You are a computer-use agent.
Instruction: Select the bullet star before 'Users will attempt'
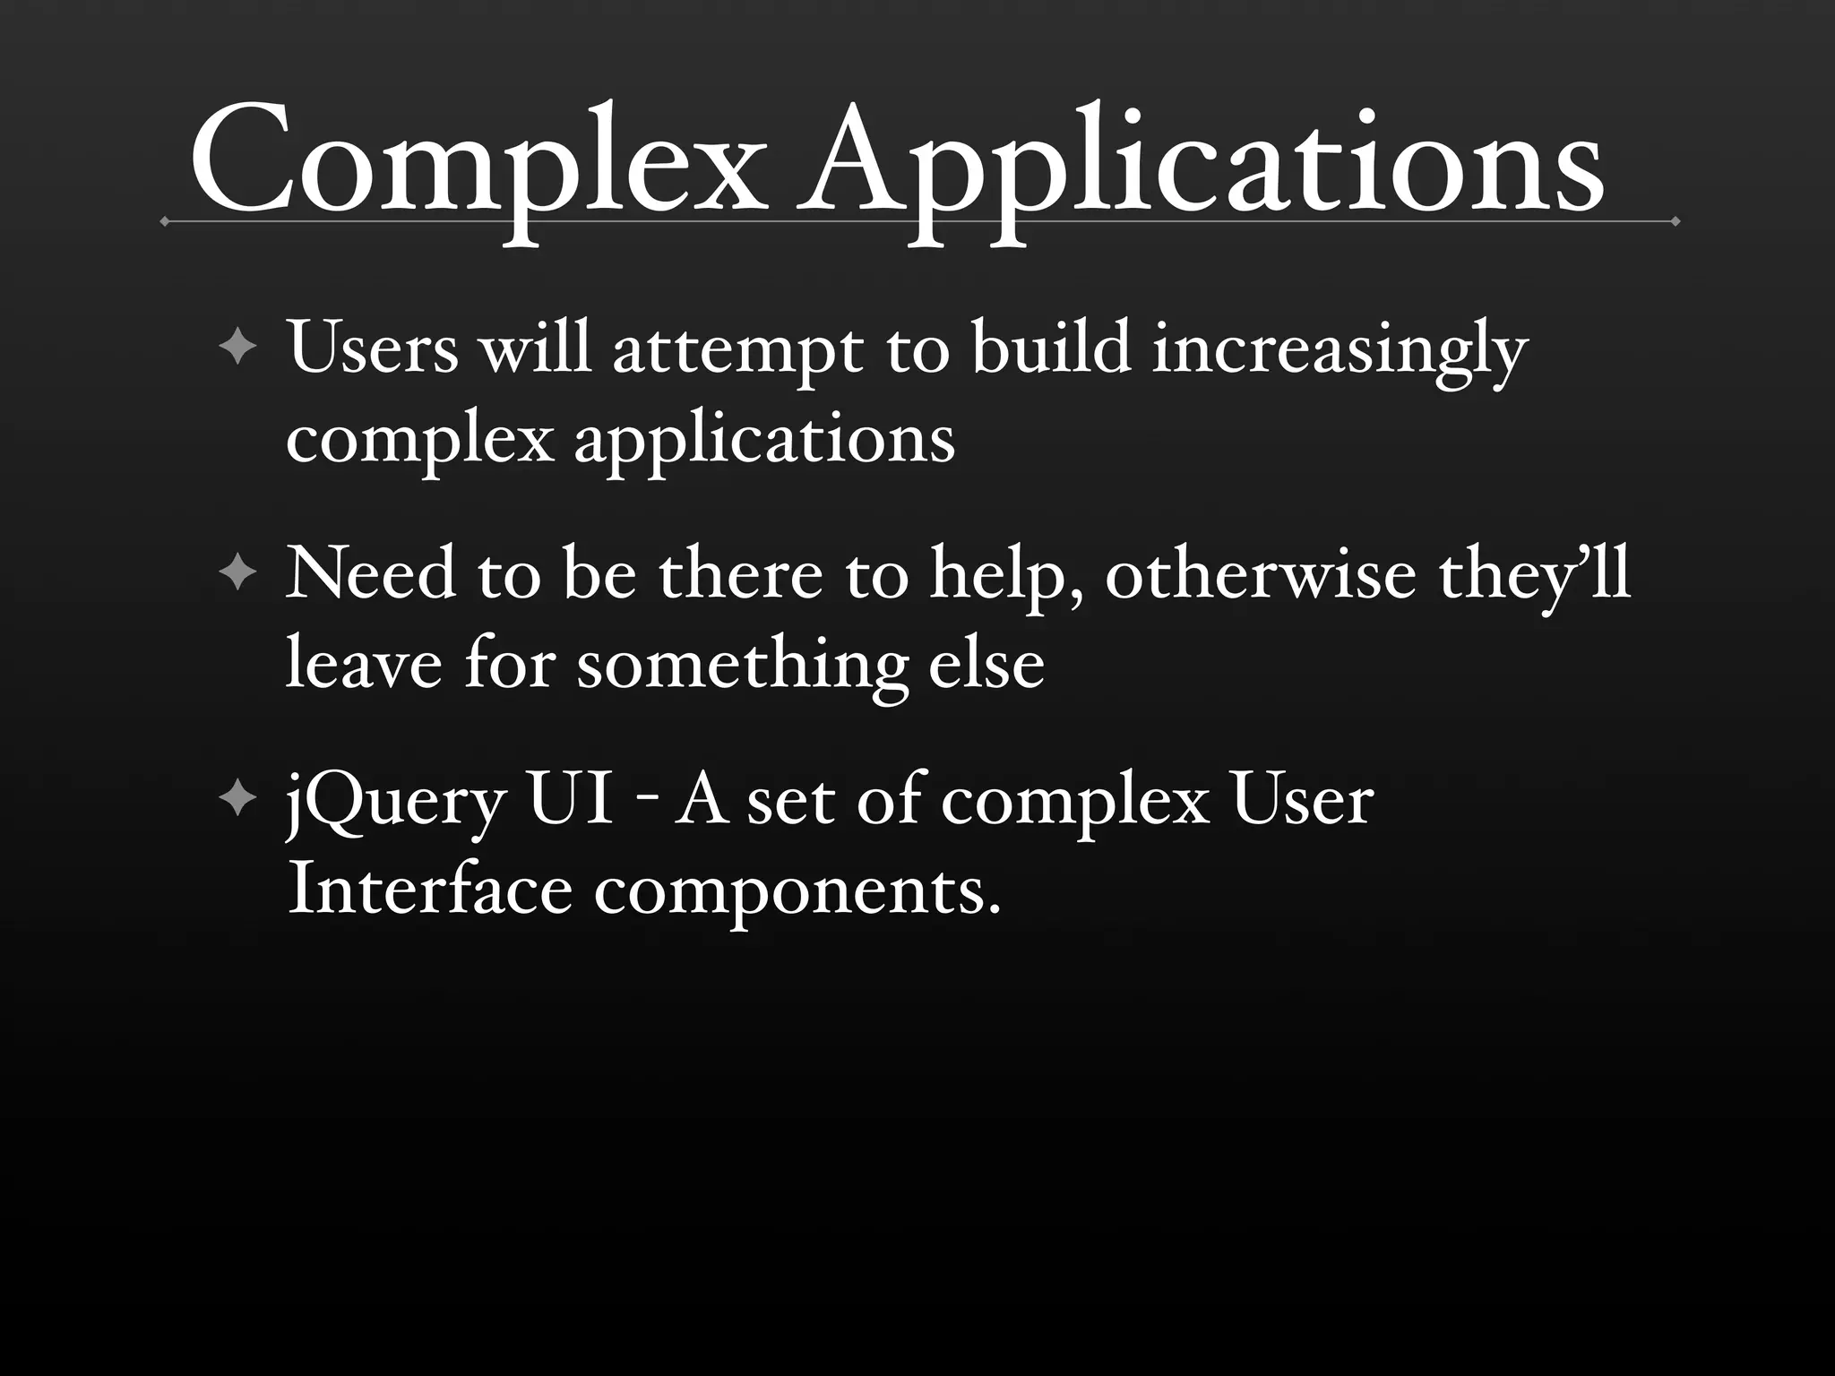(237, 346)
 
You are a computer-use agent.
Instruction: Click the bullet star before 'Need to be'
(237, 572)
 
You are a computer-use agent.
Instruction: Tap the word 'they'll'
(1534, 575)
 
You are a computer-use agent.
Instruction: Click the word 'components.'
(797, 894)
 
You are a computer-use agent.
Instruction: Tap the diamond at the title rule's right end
(1675, 220)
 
